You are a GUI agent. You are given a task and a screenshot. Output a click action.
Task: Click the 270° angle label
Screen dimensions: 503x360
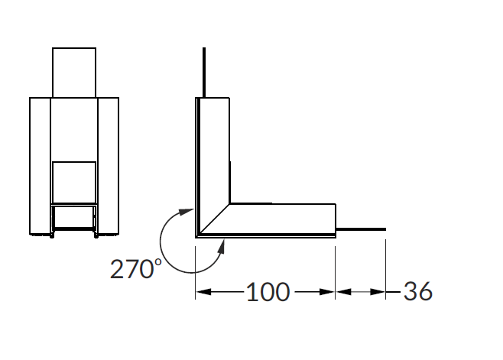click(136, 268)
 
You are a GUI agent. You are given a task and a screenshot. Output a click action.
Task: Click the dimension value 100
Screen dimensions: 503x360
click(268, 292)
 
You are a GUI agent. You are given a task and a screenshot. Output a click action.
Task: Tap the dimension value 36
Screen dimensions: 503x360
click(417, 291)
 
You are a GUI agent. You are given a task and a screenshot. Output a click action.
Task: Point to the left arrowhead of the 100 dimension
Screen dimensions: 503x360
click(203, 292)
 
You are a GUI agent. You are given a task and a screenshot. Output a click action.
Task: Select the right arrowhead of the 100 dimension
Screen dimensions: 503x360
click(327, 292)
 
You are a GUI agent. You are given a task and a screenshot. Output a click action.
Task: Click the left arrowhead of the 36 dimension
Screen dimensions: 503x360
click(343, 292)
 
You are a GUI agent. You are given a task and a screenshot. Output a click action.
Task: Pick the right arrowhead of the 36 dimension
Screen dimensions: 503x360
click(378, 292)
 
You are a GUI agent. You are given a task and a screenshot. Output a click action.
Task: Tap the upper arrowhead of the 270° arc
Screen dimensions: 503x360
click(187, 212)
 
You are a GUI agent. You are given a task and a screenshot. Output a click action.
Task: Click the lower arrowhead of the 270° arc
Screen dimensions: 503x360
click(222, 246)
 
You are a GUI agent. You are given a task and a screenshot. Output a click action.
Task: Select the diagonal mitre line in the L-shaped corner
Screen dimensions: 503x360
click(215, 219)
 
